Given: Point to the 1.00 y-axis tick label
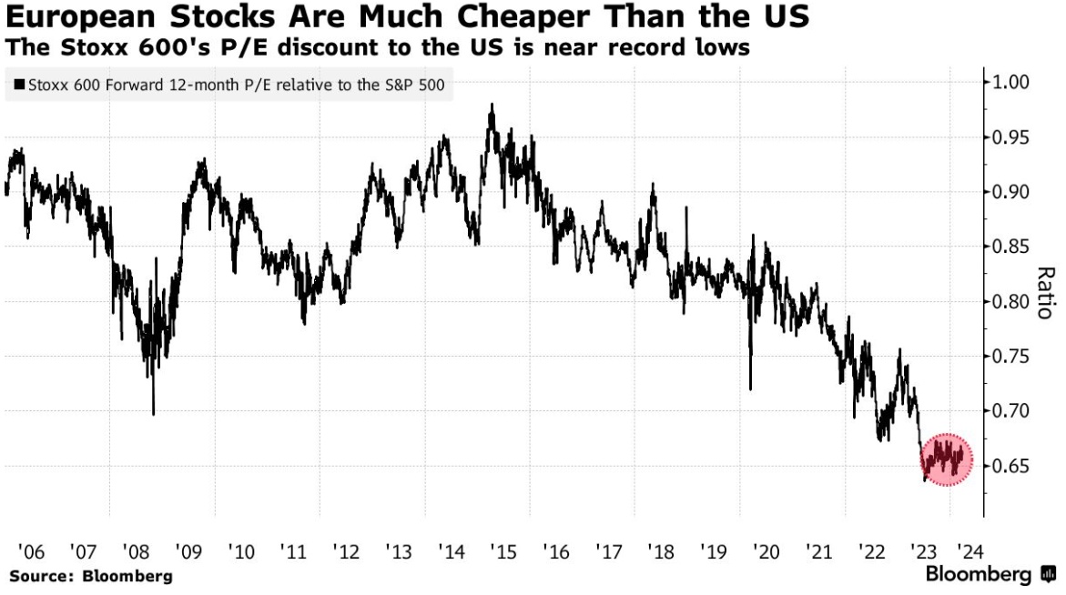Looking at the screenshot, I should tap(1011, 83).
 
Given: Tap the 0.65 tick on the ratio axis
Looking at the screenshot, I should tap(1011, 467).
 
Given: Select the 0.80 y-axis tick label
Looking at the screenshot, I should tap(1011, 302).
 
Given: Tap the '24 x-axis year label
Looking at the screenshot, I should tap(966, 551).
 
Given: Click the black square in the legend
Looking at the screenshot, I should tap(19, 86).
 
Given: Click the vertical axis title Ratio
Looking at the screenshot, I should tap(1045, 293).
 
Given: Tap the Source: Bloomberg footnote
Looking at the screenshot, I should tap(90, 576).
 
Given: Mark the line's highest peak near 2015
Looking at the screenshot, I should tap(492, 105).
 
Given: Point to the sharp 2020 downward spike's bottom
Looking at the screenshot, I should tap(750, 389).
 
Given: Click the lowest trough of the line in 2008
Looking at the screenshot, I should tap(153, 414).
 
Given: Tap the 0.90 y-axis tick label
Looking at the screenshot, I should tap(1011, 193).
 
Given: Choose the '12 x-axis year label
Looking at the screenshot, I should tap(346, 551).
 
